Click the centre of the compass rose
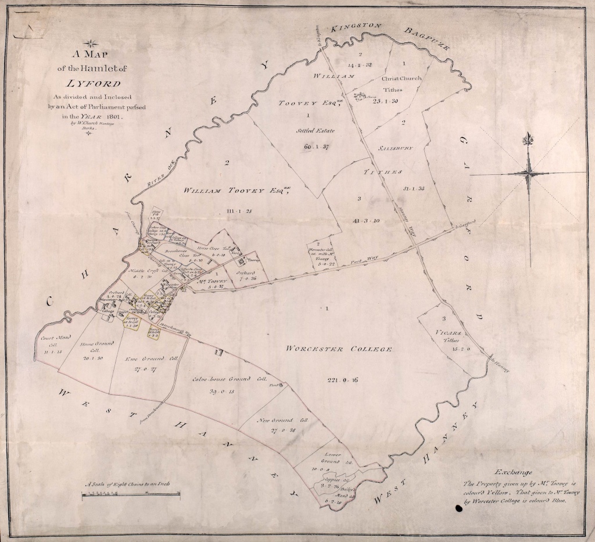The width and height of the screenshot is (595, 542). coord(529,173)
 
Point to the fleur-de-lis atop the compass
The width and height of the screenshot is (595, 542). coord(529,139)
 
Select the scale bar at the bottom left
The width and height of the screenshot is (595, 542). coord(130,494)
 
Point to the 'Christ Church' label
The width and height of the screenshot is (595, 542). coord(401,78)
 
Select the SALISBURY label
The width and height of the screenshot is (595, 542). coord(396,148)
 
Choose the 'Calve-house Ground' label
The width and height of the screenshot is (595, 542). coord(225,379)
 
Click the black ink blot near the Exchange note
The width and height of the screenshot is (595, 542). coord(459,509)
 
